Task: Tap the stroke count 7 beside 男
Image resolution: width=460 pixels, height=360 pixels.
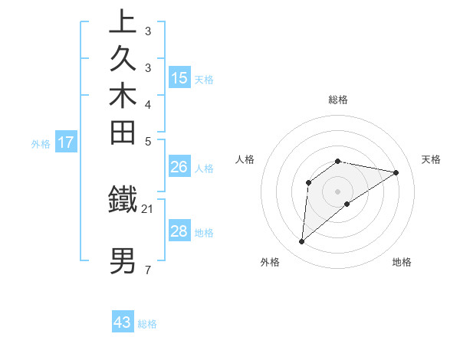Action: pos(148,270)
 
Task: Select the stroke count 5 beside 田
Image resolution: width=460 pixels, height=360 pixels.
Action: pos(148,141)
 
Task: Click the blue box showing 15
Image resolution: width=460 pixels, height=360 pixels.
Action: pos(179,77)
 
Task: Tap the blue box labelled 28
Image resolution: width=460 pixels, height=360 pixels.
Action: pos(179,231)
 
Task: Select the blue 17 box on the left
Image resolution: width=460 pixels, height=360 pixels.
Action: pos(66,142)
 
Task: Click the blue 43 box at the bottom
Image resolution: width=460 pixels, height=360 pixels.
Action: pos(123,322)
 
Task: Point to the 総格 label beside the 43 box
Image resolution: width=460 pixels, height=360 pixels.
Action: pos(147,324)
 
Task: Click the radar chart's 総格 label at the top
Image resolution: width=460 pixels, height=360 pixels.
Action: pos(338,100)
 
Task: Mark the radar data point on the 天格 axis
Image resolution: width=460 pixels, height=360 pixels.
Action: pos(396,172)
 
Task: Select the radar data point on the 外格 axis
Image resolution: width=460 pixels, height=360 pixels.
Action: pos(302,242)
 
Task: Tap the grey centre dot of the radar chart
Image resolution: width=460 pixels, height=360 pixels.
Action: pos(338,191)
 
